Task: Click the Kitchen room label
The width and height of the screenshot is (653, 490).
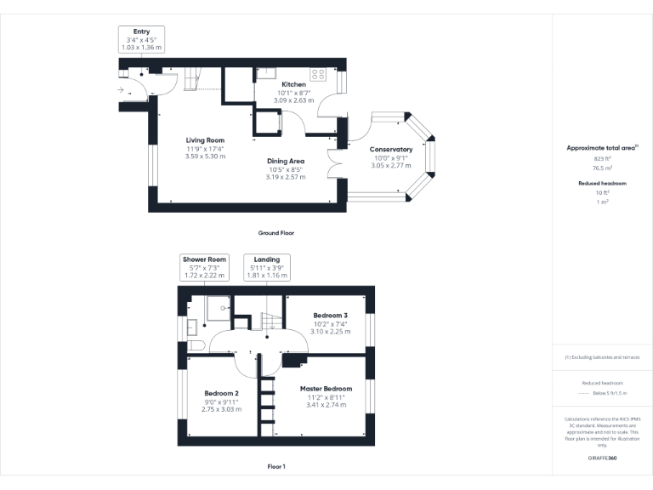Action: point(293,84)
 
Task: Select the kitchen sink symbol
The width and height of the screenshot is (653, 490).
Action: point(268,72)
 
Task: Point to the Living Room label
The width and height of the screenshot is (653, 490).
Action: point(205,140)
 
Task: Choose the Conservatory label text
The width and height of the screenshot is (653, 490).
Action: point(390,150)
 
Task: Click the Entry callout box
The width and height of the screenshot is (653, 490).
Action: point(140,40)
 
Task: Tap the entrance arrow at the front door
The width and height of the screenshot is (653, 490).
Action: point(121,89)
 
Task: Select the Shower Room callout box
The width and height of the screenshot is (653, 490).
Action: point(204,268)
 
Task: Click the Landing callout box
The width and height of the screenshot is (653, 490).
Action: point(266,268)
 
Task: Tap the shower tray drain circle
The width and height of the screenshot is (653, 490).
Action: point(224,307)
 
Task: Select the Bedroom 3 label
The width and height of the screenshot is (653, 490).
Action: point(330,315)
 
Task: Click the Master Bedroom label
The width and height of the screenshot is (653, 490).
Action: point(326,389)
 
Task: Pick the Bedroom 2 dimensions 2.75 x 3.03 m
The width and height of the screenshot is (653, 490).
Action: point(221,409)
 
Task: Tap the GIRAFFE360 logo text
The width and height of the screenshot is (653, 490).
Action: point(603,459)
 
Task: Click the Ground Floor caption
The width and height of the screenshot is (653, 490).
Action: point(275,232)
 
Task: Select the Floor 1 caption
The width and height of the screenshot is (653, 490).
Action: point(275,466)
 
